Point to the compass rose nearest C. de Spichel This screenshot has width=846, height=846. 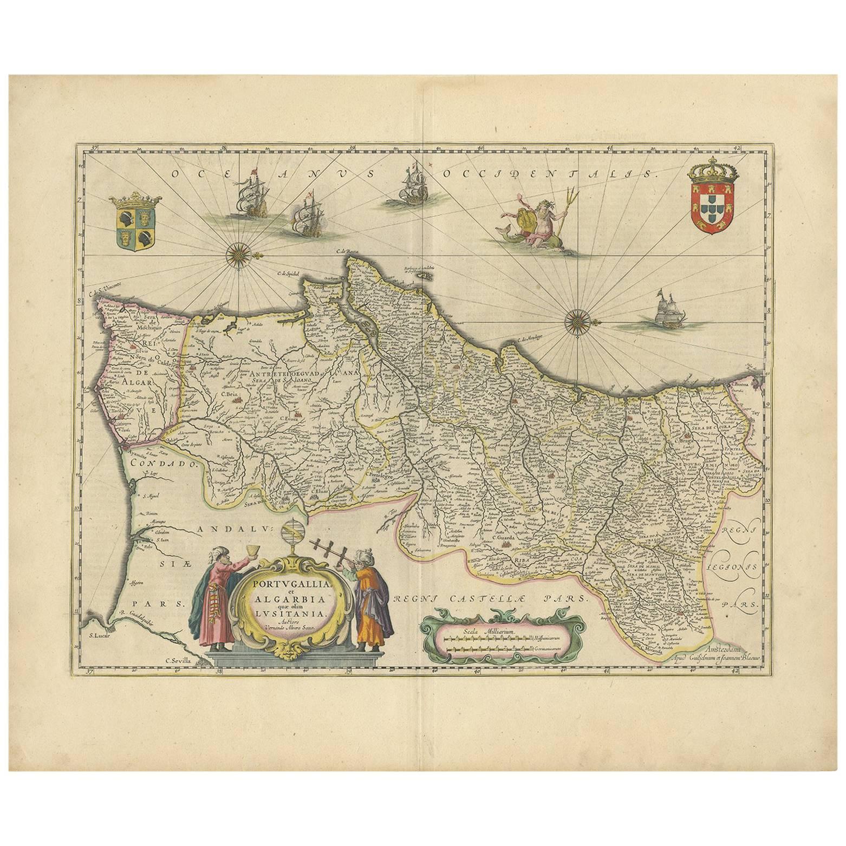[x=236, y=255]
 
